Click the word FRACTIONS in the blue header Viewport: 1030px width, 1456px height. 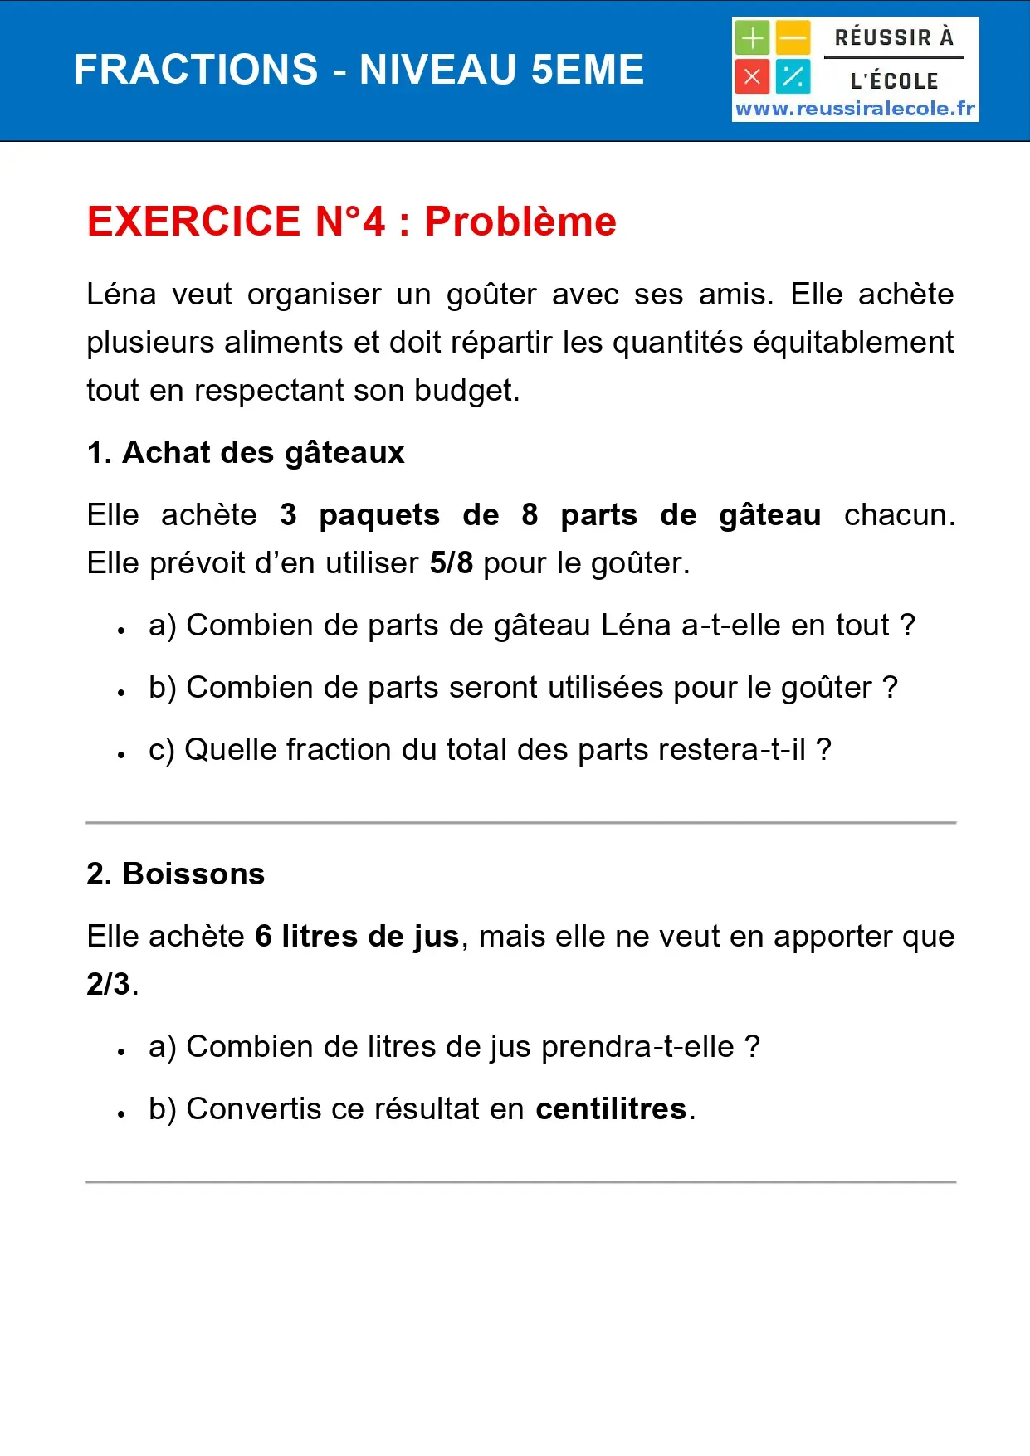point(196,70)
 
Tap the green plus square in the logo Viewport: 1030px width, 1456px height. point(752,38)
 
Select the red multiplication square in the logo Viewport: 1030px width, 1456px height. point(752,77)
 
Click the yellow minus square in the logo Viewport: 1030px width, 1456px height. point(793,38)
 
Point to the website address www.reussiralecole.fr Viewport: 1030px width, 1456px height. point(855,109)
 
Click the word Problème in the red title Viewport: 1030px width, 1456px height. point(520,222)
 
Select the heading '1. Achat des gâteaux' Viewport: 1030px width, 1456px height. point(246,453)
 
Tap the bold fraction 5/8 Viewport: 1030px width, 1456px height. point(451,563)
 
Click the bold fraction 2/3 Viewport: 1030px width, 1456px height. point(108,985)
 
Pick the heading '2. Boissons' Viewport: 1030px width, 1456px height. point(176,874)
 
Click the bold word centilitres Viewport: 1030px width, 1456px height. point(611,1109)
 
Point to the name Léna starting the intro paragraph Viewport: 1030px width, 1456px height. point(121,295)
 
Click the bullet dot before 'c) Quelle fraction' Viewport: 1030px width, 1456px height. point(121,755)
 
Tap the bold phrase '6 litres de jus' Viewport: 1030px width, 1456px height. point(357,937)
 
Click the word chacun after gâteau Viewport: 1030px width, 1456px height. point(898,515)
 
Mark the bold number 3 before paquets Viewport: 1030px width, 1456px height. point(288,515)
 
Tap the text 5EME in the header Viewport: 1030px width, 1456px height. point(587,70)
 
